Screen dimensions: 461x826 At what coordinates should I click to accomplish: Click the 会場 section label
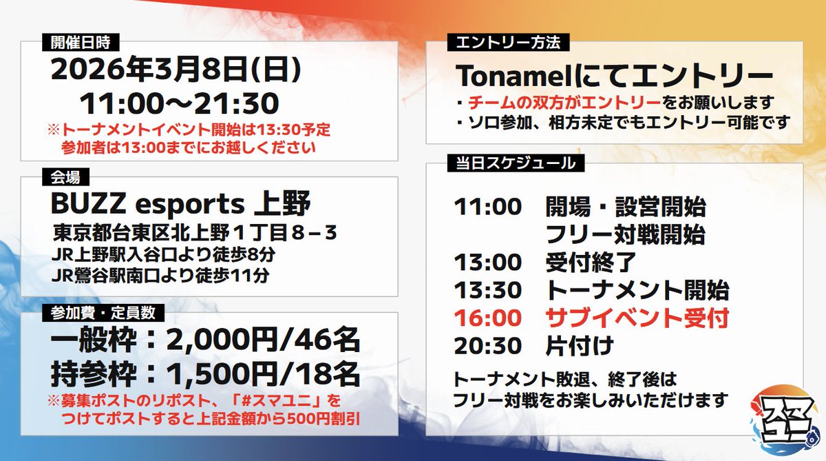pos(65,177)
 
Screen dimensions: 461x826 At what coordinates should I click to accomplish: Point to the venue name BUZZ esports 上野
pos(181,204)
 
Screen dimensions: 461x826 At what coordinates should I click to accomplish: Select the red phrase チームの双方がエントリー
pos(564,102)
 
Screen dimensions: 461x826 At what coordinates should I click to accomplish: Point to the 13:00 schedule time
pos(487,262)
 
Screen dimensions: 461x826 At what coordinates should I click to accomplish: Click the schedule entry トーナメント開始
pos(637,290)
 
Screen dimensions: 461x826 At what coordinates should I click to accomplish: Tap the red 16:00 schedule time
pos(487,318)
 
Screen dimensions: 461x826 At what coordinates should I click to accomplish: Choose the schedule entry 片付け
pos(579,346)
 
